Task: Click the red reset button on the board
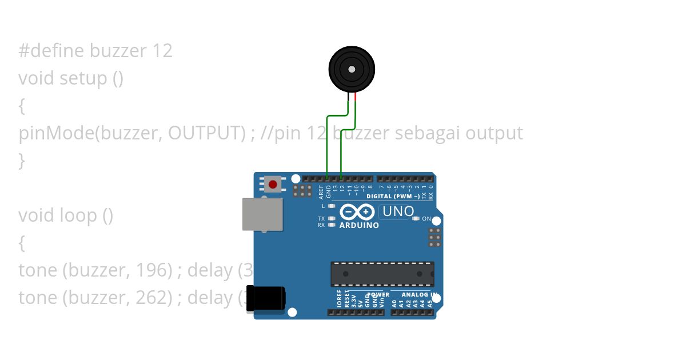tap(273, 185)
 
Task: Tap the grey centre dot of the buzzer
tap(351, 69)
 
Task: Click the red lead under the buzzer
tap(356, 97)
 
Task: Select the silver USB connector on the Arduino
tap(262, 214)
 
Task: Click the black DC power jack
tap(266, 298)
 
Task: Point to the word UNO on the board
tap(398, 211)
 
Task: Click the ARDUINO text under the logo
tap(359, 226)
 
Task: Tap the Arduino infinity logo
tap(358, 213)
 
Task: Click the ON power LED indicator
tap(416, 218)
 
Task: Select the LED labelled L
tap(332, 206)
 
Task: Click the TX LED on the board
tap(332, 218)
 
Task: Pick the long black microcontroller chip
tap(382, 274)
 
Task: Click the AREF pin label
tap(322, 191)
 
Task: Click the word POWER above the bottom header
tap(378, 295)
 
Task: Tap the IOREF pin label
tap(339, 299)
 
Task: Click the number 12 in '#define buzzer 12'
tap(162, 51)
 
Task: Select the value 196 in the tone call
tap(152, 270)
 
